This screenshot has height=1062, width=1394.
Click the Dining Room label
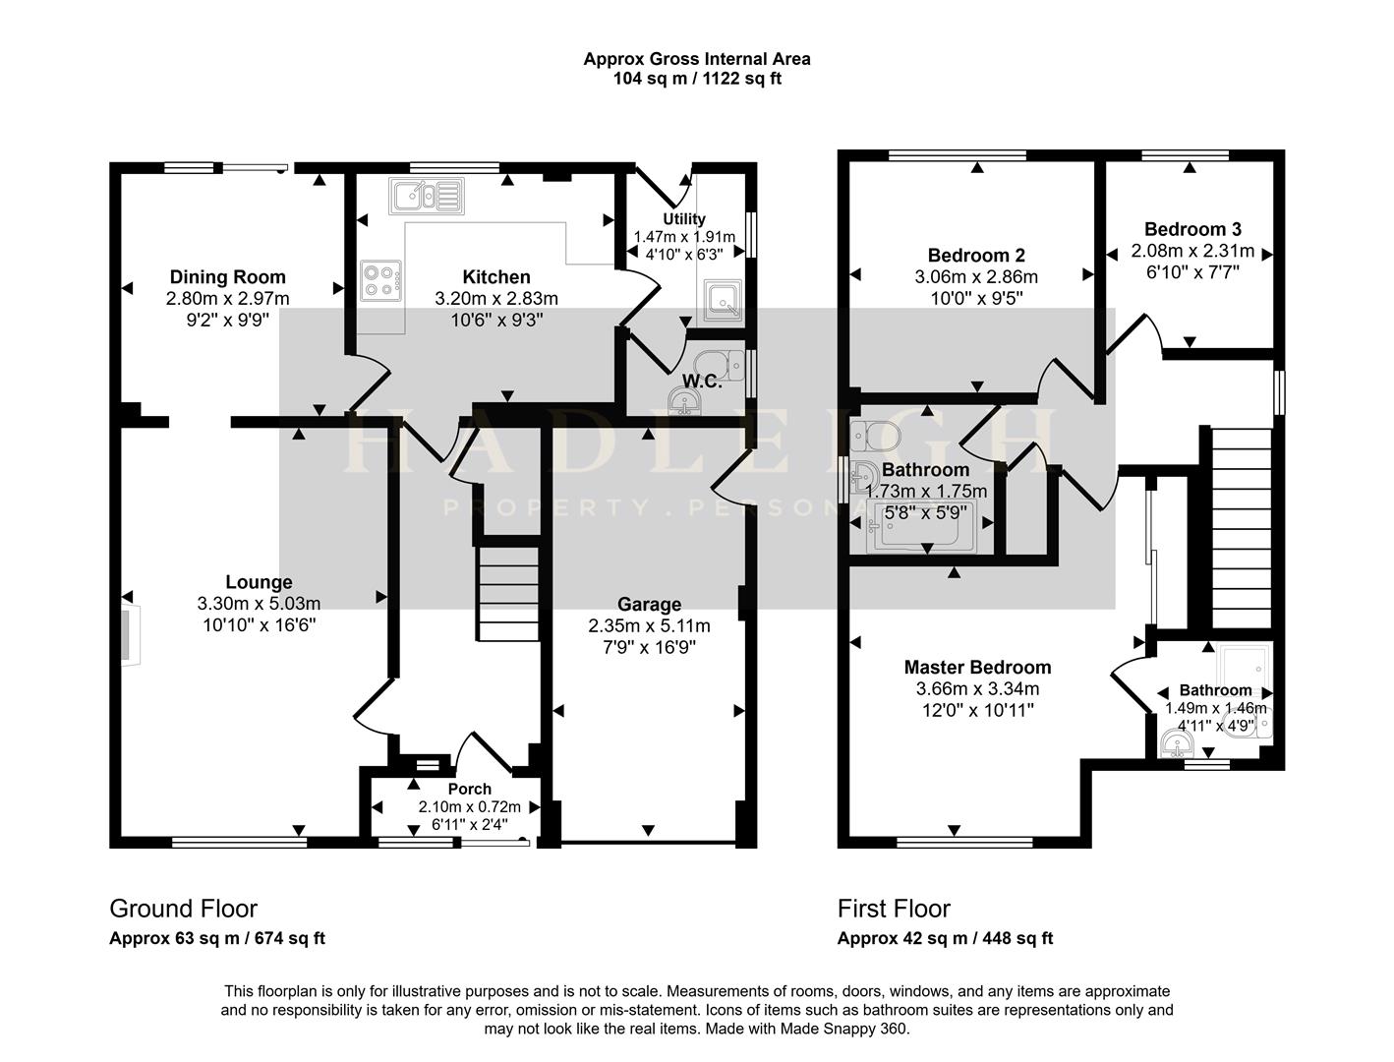point(227,277)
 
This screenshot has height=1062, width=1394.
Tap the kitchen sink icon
point(427,196)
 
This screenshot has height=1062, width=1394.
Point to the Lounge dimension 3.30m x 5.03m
point(259,604)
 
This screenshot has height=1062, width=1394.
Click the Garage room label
point(649,604)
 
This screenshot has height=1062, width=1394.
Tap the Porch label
point(469,789)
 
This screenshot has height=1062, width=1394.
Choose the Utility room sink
point(724,300)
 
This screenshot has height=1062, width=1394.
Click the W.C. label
point(702,382)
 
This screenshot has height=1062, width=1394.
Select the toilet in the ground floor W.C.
point(719,365)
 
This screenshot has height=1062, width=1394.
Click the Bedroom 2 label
point(976,256)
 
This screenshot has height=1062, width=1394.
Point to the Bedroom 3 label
point(1192,229)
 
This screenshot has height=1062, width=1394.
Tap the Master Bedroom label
point(977,667)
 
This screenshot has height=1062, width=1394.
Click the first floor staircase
point(1243,528)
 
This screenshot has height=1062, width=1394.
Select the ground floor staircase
point(508,594)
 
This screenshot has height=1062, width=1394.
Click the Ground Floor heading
point(184,909)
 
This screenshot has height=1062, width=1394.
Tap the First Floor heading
point(894,909)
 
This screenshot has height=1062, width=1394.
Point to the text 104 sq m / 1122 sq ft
point(697,79)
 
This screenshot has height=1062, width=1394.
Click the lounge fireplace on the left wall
point(131,636)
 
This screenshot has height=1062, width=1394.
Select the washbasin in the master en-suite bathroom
point(1178,743)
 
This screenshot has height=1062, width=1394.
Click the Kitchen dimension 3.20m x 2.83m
point(496,298)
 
